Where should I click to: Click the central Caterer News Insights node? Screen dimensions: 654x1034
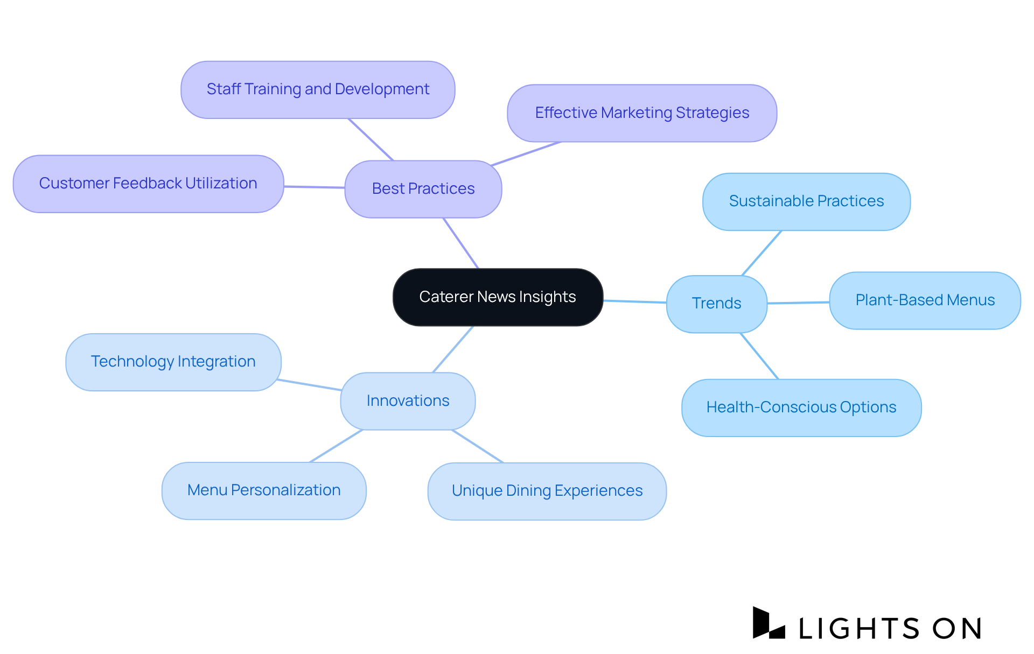(498, 297)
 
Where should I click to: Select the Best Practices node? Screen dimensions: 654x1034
(423, 189)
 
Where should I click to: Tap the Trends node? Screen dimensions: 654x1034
(716, 304)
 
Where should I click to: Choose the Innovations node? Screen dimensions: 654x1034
(408, 401)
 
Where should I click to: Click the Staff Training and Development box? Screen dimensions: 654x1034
(318, 89)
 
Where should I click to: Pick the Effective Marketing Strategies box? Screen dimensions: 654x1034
(642, 113)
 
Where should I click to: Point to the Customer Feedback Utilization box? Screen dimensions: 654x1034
(148, 184)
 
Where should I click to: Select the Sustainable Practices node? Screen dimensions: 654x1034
(806, 201)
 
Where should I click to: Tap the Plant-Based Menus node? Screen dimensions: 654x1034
(925, 300)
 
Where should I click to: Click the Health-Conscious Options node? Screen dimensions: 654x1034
(801, 407)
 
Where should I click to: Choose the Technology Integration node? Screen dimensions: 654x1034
(173, 362)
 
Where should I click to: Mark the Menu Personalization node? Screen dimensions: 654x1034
(264, 490)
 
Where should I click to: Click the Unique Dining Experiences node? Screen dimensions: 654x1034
(547, 491)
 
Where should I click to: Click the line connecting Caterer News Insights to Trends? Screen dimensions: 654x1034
(635, 301)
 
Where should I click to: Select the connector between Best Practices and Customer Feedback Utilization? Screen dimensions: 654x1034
(315, 187)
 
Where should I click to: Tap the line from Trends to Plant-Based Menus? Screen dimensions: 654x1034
(798, 303)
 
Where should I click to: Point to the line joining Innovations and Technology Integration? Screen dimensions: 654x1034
(310, 384)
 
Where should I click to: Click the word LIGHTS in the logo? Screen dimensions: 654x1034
(858, 628)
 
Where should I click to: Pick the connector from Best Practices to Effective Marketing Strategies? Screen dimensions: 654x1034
(526, 154)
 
